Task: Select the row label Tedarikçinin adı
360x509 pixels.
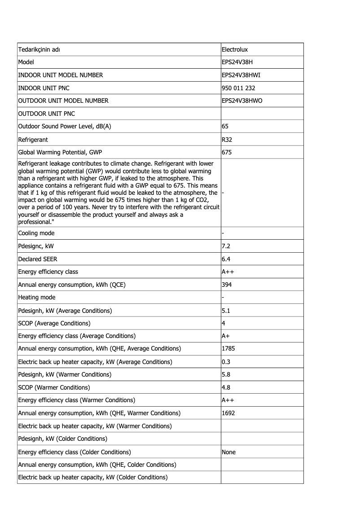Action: (x=39, y=49)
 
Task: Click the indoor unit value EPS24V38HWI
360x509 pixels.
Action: (x=241, y=75)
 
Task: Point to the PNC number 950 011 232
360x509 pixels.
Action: (x=238, y=88)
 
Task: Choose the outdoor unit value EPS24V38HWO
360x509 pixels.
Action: (x=242, y=101)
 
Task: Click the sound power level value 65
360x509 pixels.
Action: (x=225, y=127)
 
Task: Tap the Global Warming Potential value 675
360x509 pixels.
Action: (x=227, y=152)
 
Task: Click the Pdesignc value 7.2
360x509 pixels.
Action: (x=226, y=246)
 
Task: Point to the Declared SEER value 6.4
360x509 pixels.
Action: (x=226, y=259)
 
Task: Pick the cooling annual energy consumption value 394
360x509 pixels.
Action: (x=227, y=285)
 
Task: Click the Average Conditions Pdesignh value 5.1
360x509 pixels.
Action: (x=226, y=311)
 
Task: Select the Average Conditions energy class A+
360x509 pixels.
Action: (x=226, y=336)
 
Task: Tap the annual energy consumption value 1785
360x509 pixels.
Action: (x=228, y=349)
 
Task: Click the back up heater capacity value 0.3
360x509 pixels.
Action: (x=226, y=362)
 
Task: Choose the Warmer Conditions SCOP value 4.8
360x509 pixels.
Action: (x=226, y=387)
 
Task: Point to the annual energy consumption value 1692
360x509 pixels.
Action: (x=228, y=413)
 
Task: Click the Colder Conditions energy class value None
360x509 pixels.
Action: (x=228, y=452)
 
